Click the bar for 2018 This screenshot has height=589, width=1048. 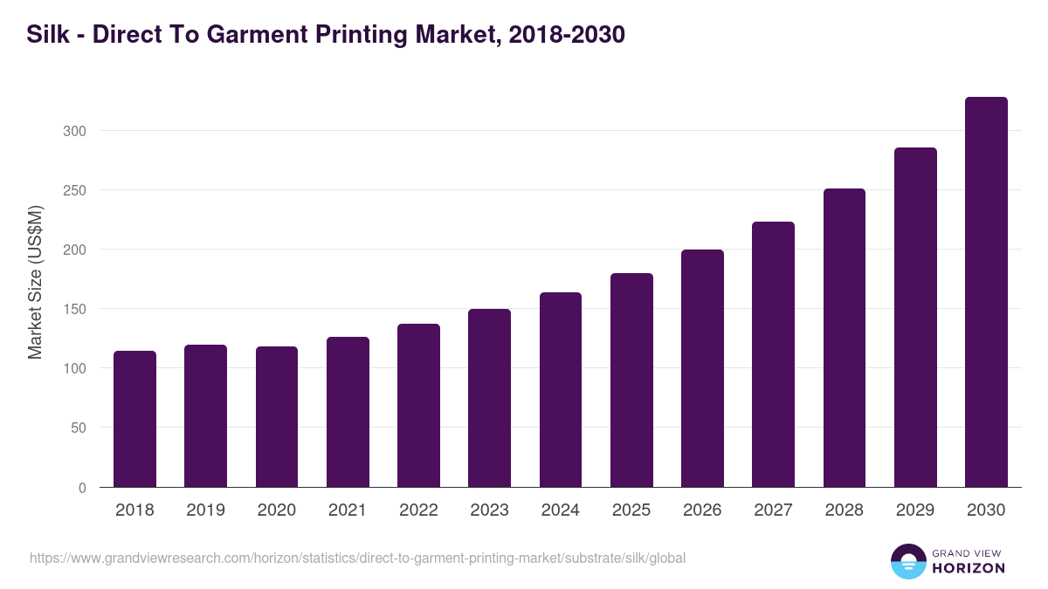click(134, 419)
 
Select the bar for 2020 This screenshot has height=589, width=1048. click(277, 417)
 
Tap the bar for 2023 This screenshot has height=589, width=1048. click(489, 398)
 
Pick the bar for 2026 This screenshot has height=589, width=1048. click(702, 368)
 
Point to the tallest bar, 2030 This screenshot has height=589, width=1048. click(986, 292)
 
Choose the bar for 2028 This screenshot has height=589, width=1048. click(844, 338)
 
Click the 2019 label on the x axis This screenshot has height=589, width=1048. click(205, 510)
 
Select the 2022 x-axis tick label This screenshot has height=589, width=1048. click(418, 510)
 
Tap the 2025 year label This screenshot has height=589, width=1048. click(631, 510)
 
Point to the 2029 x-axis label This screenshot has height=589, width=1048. click(915, 510)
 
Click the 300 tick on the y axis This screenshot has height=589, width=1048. click(74, 131)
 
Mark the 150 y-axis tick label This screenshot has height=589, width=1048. click(74, 309)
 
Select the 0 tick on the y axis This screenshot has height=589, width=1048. click(82, 488)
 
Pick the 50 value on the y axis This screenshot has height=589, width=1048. click(79, 428)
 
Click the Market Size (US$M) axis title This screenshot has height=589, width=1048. click(35, 282)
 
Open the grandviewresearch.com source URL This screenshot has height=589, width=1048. click(357, 558)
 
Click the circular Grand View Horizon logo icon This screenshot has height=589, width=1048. click(907, 561)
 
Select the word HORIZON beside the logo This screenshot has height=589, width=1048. click(968, 568)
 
